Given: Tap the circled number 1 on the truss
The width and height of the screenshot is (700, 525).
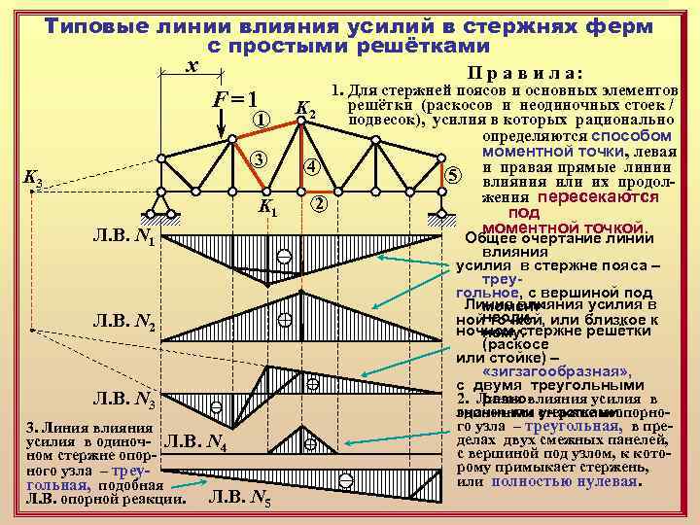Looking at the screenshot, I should [x=260, y=120].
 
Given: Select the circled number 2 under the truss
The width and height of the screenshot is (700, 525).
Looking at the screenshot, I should [x=318, y=205].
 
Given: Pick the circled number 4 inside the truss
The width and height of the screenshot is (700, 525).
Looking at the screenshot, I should [x=309, y=166].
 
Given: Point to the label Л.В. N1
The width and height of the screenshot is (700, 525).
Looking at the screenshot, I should [x=122, y=236].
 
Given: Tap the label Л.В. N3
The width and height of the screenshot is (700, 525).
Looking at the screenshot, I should [x=122, y=397].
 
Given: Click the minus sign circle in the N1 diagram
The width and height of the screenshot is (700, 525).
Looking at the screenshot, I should [x=283, y=258].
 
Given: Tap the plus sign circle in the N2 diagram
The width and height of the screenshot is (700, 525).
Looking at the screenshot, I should [x=285, y=319].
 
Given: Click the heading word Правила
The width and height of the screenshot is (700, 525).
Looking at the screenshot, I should [x=525, y=73].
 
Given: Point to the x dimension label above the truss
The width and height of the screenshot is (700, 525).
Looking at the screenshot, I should [x=192, y=64].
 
